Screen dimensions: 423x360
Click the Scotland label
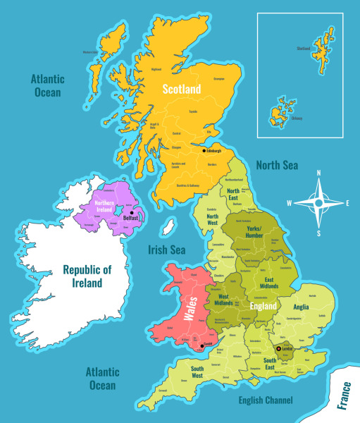[x=182, y=90]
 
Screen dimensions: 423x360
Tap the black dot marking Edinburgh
[x=204, y=151]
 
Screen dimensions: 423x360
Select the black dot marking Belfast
[x=132, y=212]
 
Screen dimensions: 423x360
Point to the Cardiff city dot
[x=203, y=345]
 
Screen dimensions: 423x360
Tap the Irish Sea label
[x=166, y=250]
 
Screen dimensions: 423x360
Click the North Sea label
[x=277, y=165]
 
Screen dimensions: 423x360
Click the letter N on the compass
[x=318, y=173]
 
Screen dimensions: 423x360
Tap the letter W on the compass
[x=289, y=203]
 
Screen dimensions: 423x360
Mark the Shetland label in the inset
[x=304, y=49]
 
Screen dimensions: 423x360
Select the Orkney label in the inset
[x=297, y=118]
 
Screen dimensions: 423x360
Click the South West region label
[x=197, y=372]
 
